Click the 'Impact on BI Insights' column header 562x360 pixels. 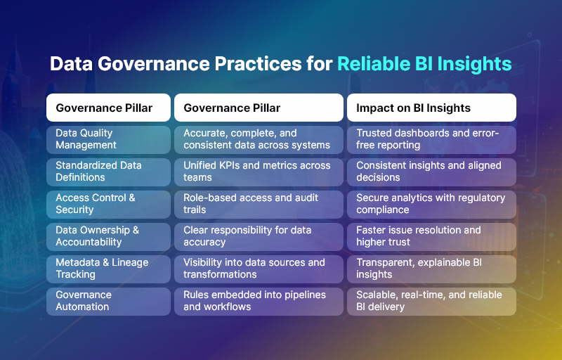431,108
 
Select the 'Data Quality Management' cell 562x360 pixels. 108,139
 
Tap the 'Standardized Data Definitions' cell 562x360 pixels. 108,172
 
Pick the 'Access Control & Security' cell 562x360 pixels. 108,204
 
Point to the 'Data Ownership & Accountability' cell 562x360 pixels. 108,236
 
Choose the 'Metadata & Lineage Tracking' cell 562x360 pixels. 108,269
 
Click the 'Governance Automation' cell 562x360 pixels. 108,301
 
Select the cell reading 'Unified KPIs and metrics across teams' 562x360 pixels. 259,172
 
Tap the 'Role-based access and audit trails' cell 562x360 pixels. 259,204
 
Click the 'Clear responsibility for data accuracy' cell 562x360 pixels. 259,236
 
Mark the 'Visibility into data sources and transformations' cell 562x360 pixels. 259,269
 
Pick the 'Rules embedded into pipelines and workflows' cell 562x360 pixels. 259,301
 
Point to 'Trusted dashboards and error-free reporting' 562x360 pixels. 431,139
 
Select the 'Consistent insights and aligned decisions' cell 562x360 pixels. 431,172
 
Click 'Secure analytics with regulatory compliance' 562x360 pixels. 431,204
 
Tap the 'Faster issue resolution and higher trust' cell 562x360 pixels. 431,236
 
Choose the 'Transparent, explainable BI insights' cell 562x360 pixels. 431,269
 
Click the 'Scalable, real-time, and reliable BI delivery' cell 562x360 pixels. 431,301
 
